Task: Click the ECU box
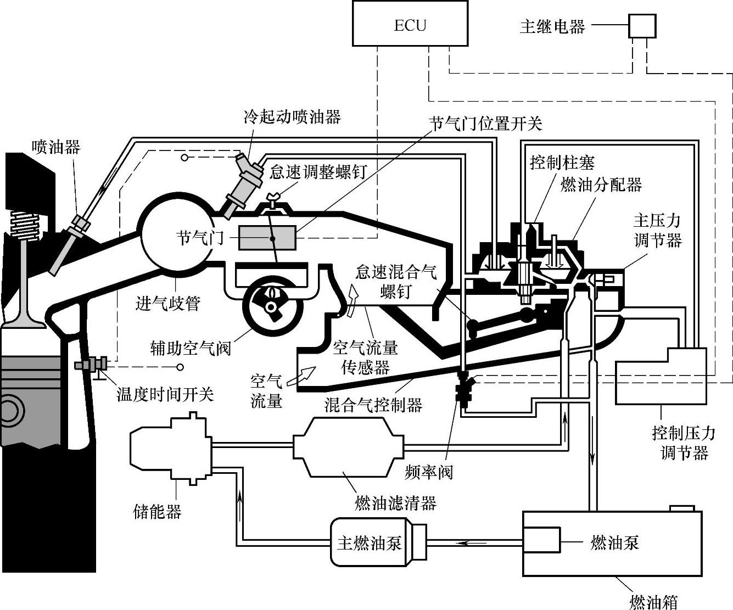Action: pyautogui.click(x=410, y=23)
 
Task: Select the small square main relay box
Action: pyautogui.click(x=642, y=25)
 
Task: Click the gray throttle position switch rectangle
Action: pyautogui.click(x=267, y=239)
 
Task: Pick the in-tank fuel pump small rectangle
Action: pyautogui.click(x=541, y=542)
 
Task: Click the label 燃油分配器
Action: pyautogui.click(x=601, y=184)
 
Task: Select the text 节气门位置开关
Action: pyautogui.click(x=485, y=124)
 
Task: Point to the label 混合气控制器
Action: pyautogui.click(x=373, y=405)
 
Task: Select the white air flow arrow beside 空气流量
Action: pyautogui.click(x=305, y=375)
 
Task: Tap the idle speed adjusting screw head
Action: pyautogui.click(x=273, y=198)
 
